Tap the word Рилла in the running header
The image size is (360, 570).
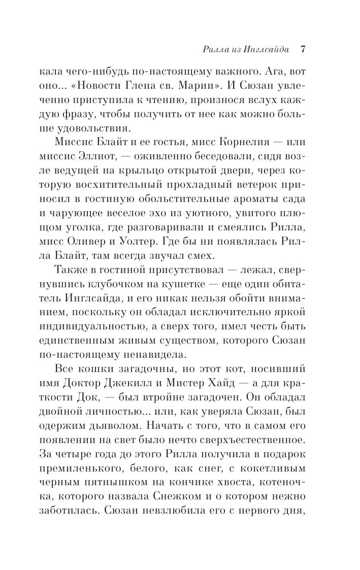[215, 50]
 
